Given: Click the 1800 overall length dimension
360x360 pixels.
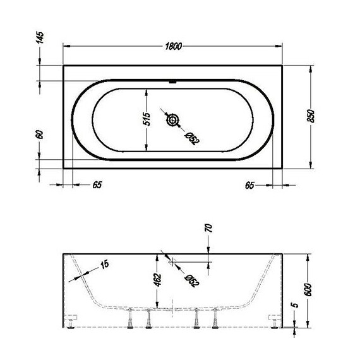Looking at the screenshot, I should [x=174, y=45].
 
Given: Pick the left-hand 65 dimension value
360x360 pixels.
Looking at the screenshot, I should [x=97, y=185].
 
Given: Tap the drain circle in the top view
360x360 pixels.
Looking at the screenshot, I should [x=172, y=120].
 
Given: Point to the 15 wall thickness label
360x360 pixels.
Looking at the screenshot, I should [x=104, y=263].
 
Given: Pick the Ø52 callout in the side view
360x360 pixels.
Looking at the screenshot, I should [x=190, y=279].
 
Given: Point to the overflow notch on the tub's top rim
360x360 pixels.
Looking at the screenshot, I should [x=172, y=81].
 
